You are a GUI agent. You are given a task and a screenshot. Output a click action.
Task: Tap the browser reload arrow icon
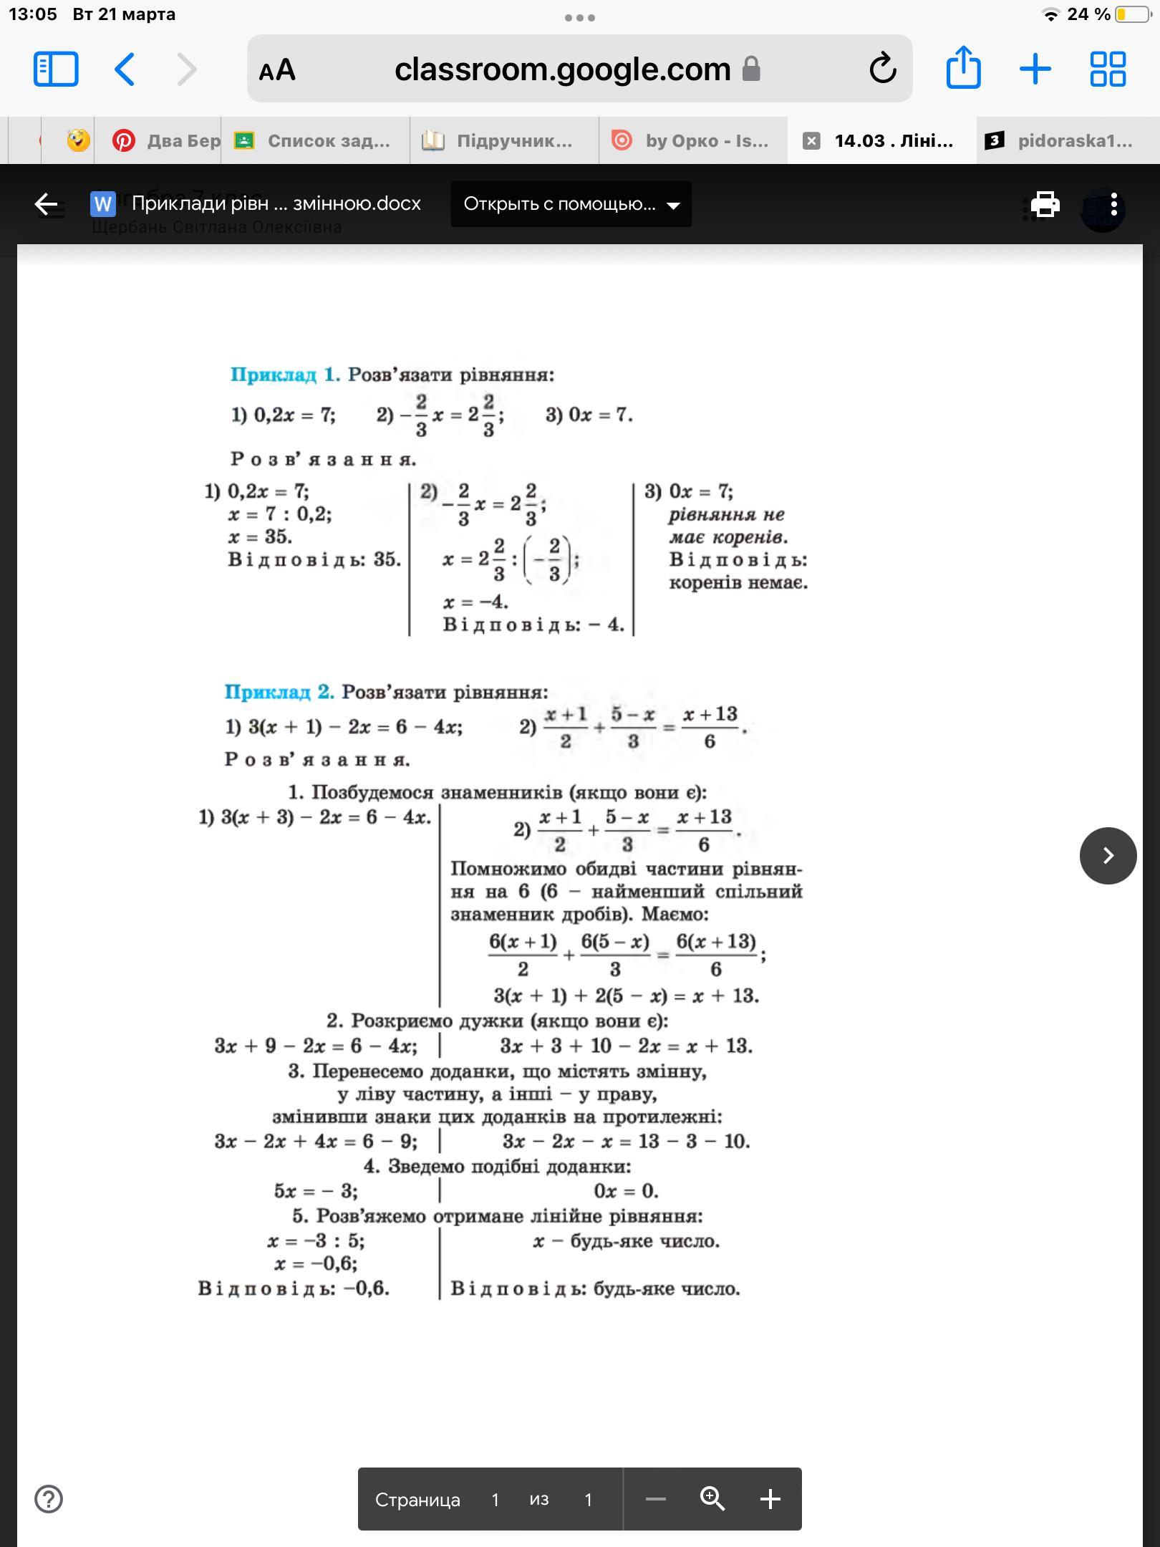coord(882,69)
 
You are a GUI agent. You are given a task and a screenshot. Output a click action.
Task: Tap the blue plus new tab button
coord(1035,69)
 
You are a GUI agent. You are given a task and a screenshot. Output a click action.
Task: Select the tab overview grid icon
coord(1107,69)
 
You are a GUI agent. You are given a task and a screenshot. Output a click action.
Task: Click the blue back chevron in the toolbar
coord(125,69)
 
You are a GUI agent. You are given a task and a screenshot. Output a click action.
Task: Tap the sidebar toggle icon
coord(56,69)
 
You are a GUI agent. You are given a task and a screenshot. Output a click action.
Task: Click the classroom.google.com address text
coord(562,69)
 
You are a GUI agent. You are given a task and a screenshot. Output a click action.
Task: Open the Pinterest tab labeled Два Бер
coord(166,140)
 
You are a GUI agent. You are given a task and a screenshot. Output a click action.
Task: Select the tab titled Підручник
coord(504,140)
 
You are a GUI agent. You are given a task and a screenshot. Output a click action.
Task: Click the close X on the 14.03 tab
coord(811,140)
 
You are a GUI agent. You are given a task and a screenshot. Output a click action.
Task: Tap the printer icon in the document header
coord(1045,204)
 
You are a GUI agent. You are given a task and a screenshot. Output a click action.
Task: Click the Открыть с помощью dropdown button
coord(571,204)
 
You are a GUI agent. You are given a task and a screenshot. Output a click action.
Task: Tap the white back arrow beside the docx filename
coord(47,204)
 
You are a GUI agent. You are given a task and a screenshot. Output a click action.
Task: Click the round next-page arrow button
coord(1108,855)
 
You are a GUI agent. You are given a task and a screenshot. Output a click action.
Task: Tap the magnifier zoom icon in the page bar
coord(712,1499)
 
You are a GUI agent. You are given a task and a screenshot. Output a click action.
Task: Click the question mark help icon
coord(49,1499)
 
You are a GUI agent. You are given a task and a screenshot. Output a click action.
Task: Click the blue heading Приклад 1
coord(285,375)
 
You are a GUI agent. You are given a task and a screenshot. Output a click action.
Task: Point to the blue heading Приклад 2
coord(279,692)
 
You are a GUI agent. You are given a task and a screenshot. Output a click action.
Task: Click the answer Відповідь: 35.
coord(314,559)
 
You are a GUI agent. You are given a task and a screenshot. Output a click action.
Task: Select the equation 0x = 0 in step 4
coord(626,1190)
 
